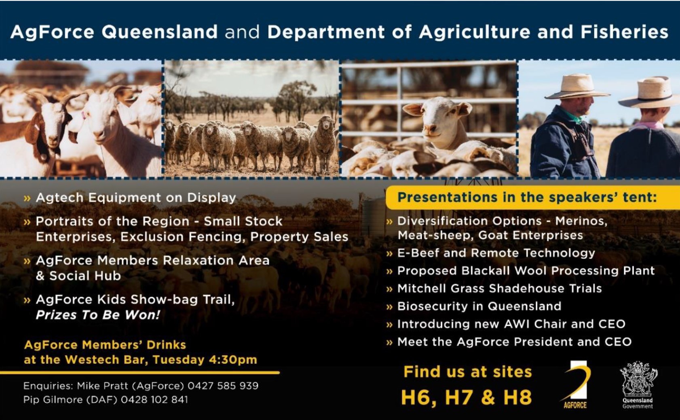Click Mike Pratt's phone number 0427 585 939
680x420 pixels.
click(x=223, y=386)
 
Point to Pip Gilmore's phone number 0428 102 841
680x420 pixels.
click(x=154, y=400)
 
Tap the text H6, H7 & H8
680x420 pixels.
click(x=467, y=397)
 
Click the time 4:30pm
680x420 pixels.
click(x=233, y=360)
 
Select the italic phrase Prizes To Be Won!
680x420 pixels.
click(x=98, y=315)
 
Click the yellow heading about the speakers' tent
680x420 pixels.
click(x=528, y=197)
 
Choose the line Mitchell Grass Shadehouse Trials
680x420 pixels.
click(x=500, y=288)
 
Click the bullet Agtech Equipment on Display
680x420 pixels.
click(x=136, y=198)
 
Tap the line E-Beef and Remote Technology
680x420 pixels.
click(x=496, y=253)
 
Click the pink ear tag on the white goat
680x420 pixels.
click(x=83, y=115)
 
